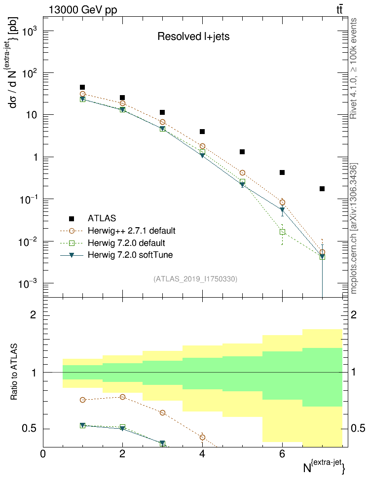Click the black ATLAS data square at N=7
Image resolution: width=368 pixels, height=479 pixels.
[322, 189]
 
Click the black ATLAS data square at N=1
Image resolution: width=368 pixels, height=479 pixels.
[82, 87]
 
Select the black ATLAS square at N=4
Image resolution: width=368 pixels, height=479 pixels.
[202, 132]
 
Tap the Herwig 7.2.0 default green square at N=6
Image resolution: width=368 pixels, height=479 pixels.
[282, 232]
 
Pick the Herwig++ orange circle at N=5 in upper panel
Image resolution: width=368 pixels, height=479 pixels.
[242, 173]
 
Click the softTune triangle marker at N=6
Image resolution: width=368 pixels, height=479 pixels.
[282, 210]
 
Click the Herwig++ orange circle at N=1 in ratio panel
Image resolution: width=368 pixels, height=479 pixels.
[82, 400]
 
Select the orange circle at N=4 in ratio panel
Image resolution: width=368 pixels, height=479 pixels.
[202, 437]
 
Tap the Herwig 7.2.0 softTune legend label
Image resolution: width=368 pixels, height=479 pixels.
[130, 255]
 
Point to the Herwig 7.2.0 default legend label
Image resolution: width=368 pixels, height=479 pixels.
[126, 243]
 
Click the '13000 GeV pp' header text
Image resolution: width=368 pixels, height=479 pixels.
[83, 9]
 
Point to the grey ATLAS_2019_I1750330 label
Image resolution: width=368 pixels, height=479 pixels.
[195, 279]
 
